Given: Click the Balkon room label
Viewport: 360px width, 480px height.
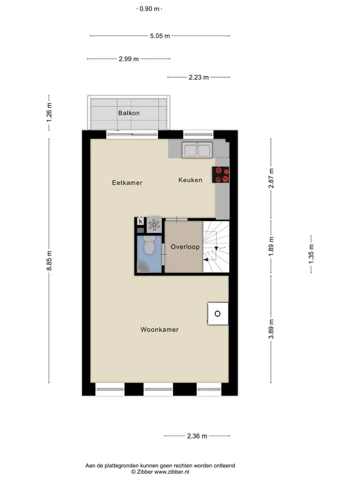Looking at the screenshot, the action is coord(129,113).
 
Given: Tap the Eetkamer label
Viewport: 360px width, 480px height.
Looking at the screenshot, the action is coord(127,183).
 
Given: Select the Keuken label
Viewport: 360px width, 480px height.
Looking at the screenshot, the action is coord(190,180).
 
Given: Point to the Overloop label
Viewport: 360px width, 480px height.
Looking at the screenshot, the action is coord(185,246).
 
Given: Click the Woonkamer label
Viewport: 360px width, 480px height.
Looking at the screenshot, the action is coord(159,329).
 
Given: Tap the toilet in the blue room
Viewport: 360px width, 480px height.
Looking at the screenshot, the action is coord(149,245).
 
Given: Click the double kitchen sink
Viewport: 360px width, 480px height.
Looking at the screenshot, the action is coord(197,150).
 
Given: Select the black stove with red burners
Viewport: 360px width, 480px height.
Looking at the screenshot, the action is coord(220,175).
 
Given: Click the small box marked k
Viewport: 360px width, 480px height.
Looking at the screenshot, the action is coord(140,221).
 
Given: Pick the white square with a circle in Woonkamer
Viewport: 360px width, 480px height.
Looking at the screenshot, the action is coord(218,313).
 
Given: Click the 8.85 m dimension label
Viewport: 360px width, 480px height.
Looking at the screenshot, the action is coord(49,260).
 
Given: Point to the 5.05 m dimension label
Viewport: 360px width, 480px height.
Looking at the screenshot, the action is coord(160,36).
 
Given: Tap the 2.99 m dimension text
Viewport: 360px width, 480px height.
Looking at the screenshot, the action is coord(128,59).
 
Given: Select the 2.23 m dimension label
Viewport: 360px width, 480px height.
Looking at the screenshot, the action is coord(198,77).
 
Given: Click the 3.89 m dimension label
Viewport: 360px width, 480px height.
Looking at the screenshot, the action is coord(271,329).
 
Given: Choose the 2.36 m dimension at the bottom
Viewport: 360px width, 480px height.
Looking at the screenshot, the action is coord(197,436).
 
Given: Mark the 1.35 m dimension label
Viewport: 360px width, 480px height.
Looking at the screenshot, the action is coord(311,254).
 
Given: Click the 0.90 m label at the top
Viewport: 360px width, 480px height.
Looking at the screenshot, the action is coord(149,9).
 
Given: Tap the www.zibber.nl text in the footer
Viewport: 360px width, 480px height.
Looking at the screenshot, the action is coord(171,471).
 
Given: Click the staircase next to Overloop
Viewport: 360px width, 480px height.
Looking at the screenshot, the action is coord(216,246).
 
